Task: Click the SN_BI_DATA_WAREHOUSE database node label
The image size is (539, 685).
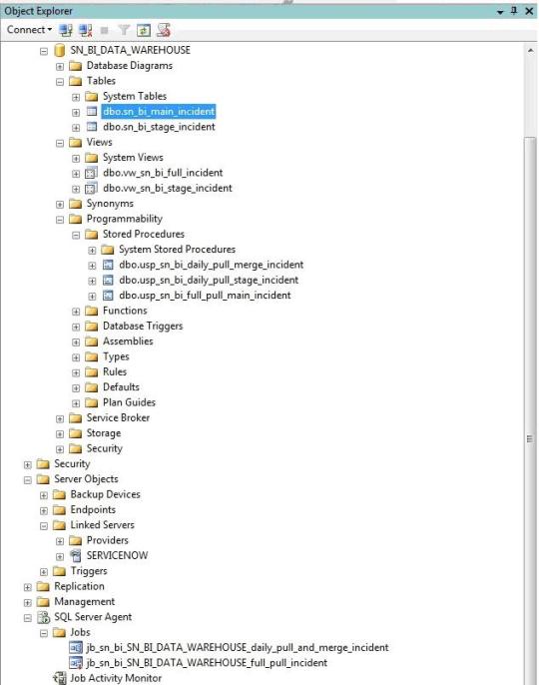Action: click(130, 50)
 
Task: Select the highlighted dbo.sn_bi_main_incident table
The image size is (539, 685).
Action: click(159, 112)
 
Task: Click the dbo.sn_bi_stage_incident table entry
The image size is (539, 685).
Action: click(159, 127)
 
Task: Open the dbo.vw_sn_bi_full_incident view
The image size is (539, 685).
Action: click(163, 173)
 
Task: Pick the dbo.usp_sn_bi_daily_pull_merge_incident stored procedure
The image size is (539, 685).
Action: click(211, 265)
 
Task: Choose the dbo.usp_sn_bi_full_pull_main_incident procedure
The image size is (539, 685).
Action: click(205, 296)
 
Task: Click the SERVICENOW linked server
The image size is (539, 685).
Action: click(117, 555)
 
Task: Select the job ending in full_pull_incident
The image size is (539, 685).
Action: click(207, 663)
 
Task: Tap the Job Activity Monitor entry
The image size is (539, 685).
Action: click(116, 678)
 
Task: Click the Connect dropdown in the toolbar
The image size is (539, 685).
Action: click(29, 30)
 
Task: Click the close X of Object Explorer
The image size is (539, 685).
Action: click(529, 11)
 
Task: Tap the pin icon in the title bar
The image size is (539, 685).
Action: click(514, 10)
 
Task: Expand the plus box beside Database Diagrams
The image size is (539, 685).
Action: click(60, 66)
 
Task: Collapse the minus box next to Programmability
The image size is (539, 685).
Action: click(60, 220)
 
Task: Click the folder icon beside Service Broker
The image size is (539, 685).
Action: click(76, 418)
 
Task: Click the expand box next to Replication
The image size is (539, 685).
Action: click(28, 587)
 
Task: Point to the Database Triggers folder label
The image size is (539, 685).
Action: click(143, 326)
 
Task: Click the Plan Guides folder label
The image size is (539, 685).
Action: click(130, 402)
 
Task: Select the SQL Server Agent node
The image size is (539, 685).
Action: click(93, 617)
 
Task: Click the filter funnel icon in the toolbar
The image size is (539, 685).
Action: click(124, 30)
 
